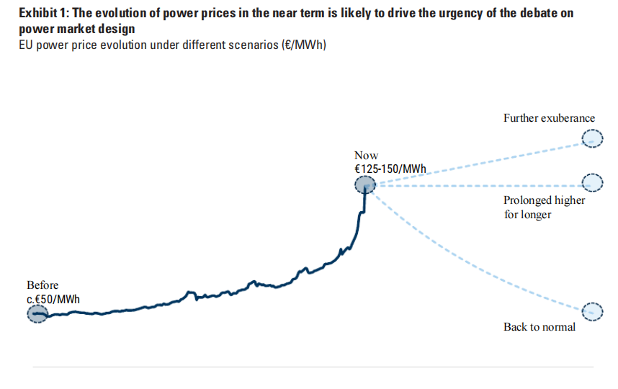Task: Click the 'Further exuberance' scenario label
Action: [x=549, y=118]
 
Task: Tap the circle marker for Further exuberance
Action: [x=591, y=139]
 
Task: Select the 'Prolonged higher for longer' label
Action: [x=545, y=207]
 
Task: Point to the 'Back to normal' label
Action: [x=539, y=327]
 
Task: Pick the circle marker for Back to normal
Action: [x=591, y=311]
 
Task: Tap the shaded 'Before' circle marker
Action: [x=37, y=314]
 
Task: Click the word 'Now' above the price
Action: [x=366, y=156]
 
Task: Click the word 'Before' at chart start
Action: [x=42, y=285]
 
